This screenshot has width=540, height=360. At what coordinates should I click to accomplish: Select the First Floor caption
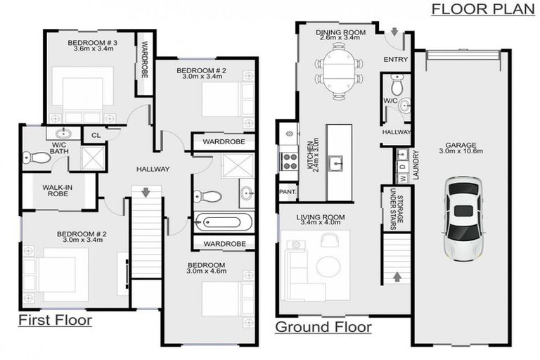point(55,321)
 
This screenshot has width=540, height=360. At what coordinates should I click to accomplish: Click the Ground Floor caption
point(323,327)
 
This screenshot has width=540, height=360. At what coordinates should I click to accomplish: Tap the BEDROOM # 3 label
point(92,44)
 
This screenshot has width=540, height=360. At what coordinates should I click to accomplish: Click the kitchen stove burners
point(289,161)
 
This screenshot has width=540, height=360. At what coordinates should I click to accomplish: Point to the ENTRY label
point(395,60)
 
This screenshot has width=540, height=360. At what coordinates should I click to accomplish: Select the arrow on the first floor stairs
point(146,192)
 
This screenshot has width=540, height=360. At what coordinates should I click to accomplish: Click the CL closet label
point(95,136)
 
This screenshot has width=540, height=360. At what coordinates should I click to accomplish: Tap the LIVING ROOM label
point(321,217)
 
